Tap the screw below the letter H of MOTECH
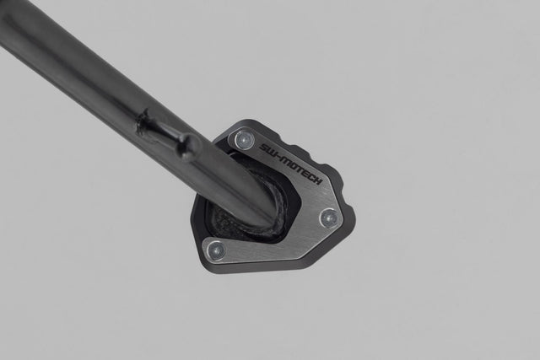coord(328,218)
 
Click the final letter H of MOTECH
coord(317,182)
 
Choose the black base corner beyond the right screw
coord(348,223)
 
